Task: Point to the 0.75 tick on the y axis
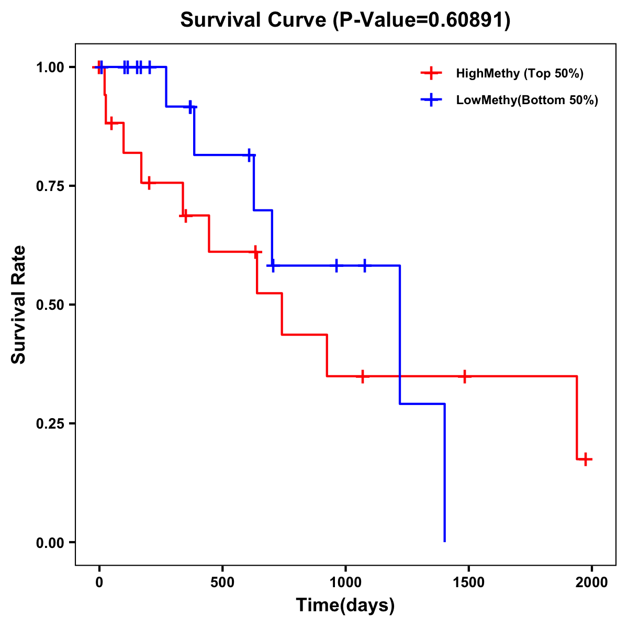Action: (52, 186)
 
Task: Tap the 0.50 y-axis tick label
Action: (52, 305)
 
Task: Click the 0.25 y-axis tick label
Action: (52, 424)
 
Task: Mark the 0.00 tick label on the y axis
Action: (52, 543)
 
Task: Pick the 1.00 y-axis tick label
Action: (52, 68)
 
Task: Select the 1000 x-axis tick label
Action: (345, 582)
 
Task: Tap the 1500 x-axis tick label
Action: (468, 582)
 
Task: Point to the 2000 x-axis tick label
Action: (592, 582)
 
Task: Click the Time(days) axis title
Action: (345, 605)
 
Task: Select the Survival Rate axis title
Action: (19, 305)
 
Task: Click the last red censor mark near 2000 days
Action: (586, 459)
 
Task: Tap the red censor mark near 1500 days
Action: (464, 376)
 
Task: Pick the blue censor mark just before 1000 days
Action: (336, 265)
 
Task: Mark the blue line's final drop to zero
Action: (444, 474)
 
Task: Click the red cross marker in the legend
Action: (430, 73)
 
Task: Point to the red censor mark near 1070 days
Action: (362, 376)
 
